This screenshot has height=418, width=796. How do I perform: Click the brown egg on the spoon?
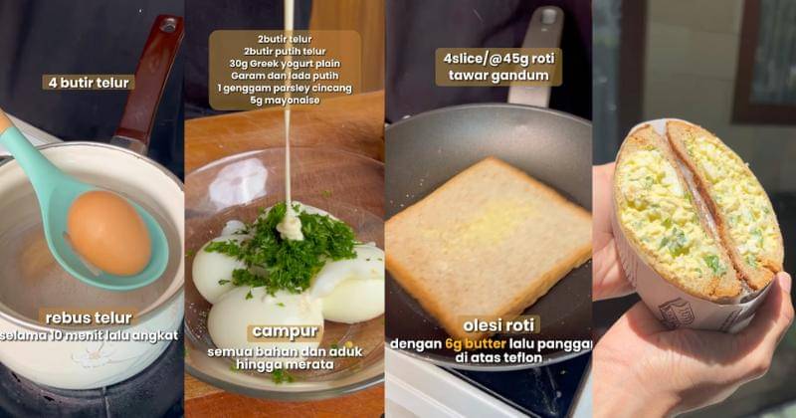pyautogui.click(x=109, y=232)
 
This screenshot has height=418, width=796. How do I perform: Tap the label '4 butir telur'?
pyautogui.click(x=89, y=83)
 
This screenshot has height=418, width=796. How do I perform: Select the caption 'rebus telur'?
pyautogui.click(x=89, y=317)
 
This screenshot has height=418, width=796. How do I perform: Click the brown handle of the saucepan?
pyautogui.click(x=147, y=82)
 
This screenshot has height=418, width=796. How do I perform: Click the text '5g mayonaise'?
pyautogui.click(x=286, y=101)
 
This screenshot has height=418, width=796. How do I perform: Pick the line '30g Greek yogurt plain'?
pyautogui.click(x=285, y=64)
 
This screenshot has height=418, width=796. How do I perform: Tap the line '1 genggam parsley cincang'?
pyautogui.click(x=285, y=88)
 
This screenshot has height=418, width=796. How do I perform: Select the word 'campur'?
pyautogui.click(x=285, y=331)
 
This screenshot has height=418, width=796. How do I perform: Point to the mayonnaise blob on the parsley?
pyautogui.click(x=290, y=226)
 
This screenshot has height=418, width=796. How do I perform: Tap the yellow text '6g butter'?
pyautogui.click(x=476, y=343)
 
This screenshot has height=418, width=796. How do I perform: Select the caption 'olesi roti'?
pyautogui.click(x=500, y=325)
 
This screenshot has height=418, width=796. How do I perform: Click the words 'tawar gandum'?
pyautogui.click(x=499, y=77)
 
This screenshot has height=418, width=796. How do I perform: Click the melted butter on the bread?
pyautogui.click(x=488, y=224)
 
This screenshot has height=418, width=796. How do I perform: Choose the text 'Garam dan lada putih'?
pyautogui.click(x=285, y=76)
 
